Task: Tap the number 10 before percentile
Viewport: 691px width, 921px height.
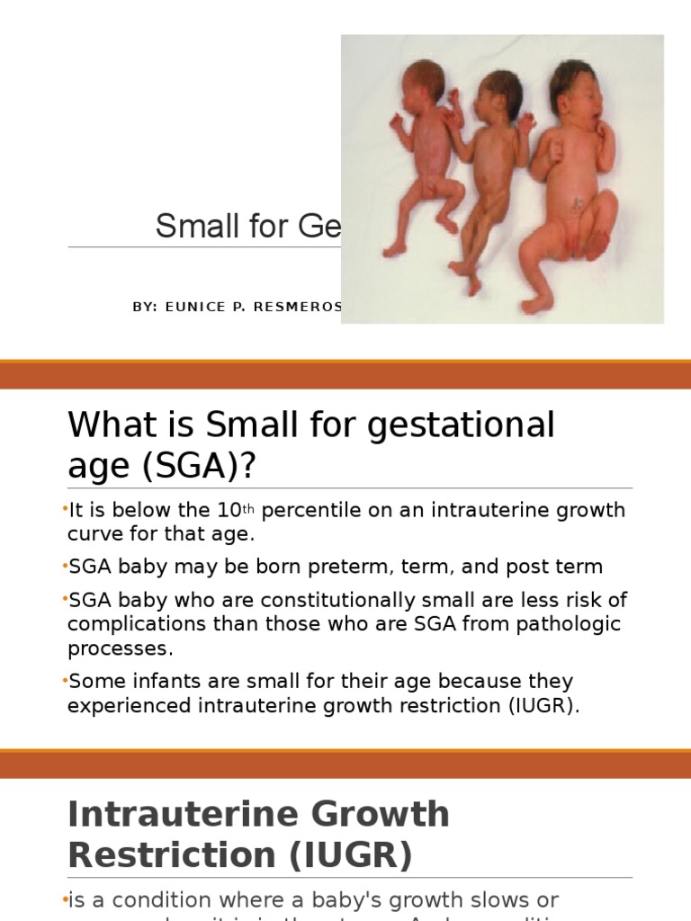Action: (x=228, y=511)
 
